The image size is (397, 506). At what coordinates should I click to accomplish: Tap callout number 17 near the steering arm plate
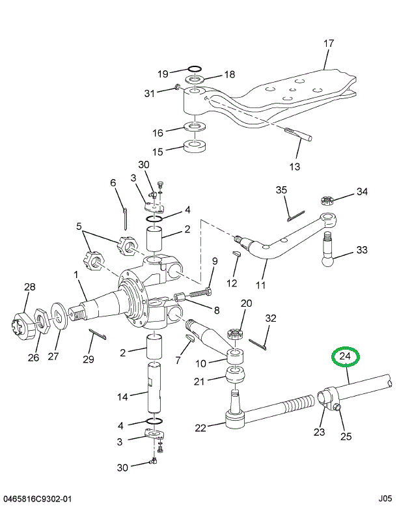pyautogui.click(x=329, y=44)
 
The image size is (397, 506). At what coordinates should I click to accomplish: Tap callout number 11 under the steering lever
pyautogui.click(x=260, y=285)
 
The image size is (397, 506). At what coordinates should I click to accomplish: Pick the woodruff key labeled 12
pyautogui.click(x=236, y=255)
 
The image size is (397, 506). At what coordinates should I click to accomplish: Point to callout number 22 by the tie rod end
pyautogui.click(x=200, y=428)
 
